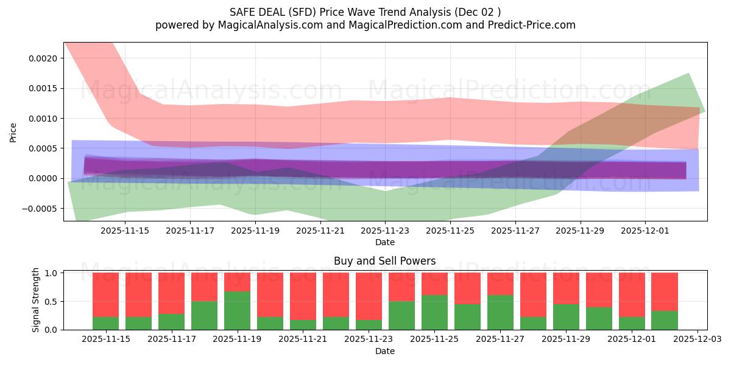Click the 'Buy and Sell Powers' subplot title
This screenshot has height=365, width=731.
pos(384,261)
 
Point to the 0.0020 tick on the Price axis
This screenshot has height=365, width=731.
pos(45,58)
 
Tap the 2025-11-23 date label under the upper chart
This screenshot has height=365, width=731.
pos(385,231)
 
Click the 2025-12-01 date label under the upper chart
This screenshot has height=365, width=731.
pos(646,231)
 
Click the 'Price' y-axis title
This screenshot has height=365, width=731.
pos(13,132)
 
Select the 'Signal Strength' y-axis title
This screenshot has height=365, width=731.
pos(36,300)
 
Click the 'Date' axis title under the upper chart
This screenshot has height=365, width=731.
pos(385,242)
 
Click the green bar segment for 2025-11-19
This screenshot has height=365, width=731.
pos(237,310)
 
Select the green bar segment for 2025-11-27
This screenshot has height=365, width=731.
pos(500,312)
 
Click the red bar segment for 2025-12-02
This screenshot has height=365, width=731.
pos(665,292)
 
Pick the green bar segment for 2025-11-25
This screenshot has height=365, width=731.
pos(434,312)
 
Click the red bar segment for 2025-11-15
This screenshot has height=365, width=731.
pos(105,295)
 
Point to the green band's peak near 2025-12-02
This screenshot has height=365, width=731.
pos(688,75)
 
